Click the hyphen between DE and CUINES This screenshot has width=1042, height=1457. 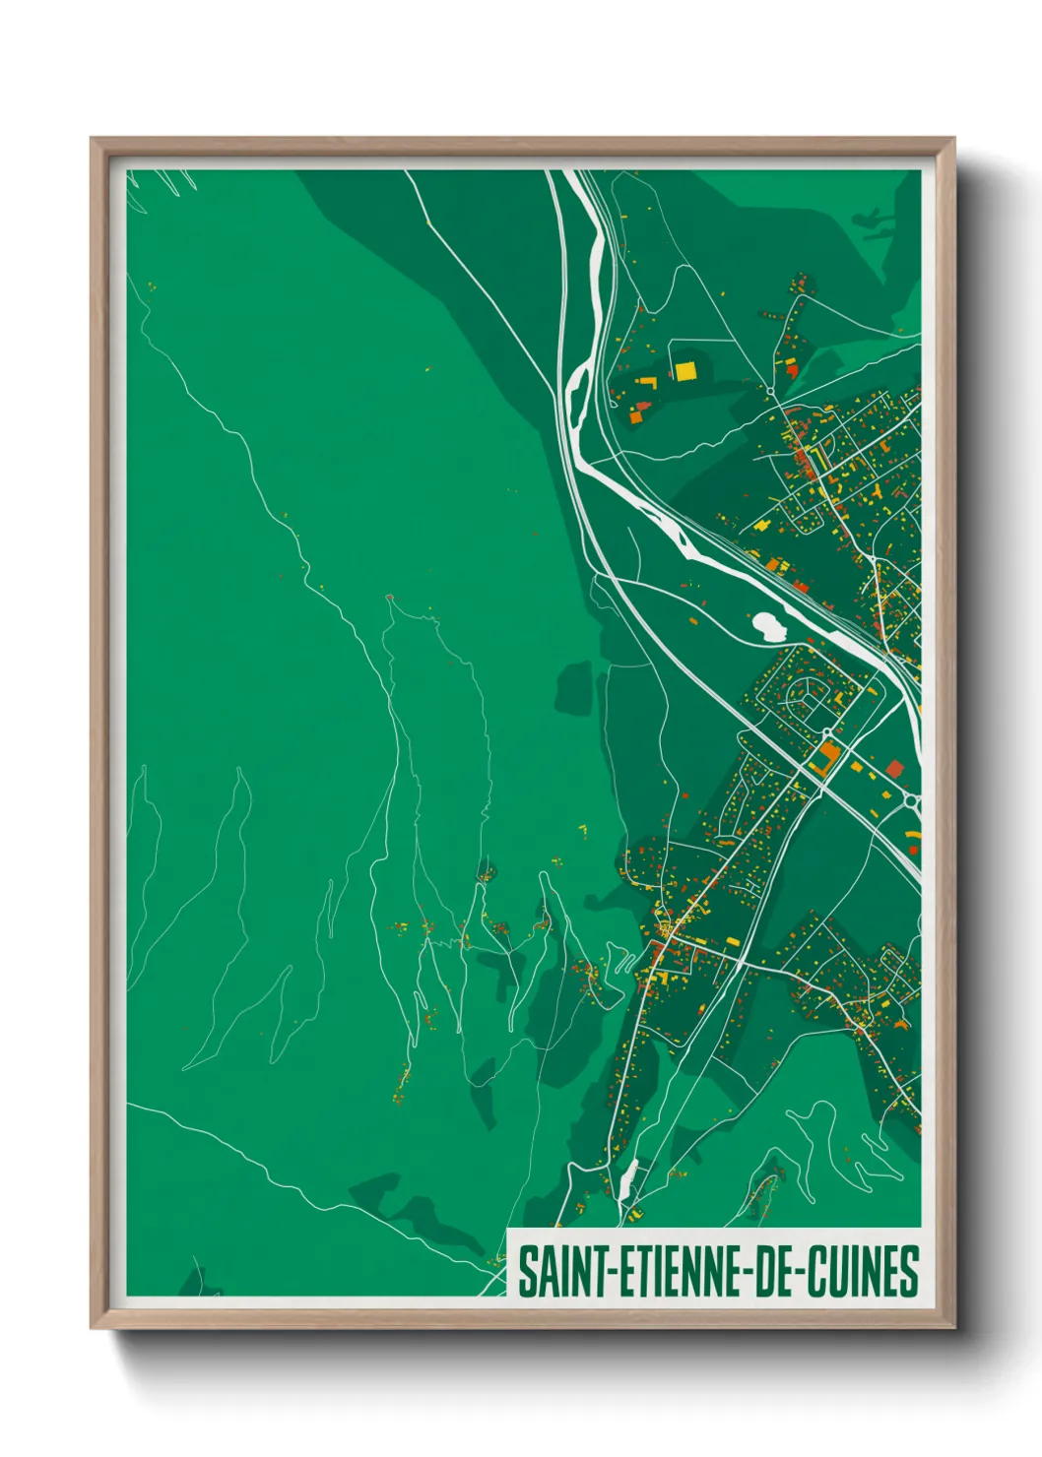(799, 1273)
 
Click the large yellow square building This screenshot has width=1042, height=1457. (684, 370)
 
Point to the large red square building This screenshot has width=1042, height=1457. (894, 768)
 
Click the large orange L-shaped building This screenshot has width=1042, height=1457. (825, 756)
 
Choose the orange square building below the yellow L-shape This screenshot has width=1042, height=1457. (634, 416)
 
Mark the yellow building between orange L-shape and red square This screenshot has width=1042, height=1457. (856, 765)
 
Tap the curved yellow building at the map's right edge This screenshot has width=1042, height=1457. (912, 835)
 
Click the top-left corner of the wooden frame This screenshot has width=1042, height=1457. (93, 140)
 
